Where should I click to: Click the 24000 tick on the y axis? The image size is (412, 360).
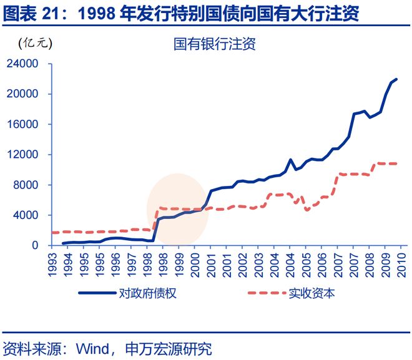[x=23, y=64]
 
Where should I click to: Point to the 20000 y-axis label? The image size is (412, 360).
[x=23, y=94]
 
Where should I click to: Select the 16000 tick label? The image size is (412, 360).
[x=23, y=124]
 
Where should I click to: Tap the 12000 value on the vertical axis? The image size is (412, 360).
[x=23, y=155]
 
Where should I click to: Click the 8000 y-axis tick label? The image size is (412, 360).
[x=26, y=185]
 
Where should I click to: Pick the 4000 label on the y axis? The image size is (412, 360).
[x=26, y=215]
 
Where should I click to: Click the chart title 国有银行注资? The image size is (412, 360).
[x=215, y=44]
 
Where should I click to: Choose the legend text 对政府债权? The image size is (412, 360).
[x=149, y=293]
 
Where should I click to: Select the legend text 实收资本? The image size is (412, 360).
[x=311, y=293]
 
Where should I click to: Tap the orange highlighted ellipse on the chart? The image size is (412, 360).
[x=177, y=209]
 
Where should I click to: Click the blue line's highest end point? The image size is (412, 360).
[x=396, y=79]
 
